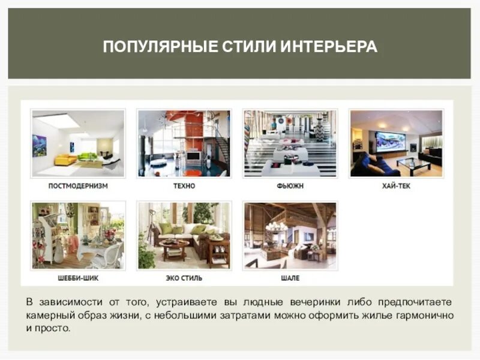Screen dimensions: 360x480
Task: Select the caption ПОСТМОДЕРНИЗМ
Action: point(78,186)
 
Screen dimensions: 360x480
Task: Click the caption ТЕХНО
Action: point(184,186)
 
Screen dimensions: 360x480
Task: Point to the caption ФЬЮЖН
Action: point(290,186)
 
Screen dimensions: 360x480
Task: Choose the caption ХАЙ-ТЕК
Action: point(396,186)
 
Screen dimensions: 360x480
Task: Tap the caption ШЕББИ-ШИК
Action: point(78,278)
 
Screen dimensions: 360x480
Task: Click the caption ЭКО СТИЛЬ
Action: point(184,278)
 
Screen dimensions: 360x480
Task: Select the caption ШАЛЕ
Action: point(290,278)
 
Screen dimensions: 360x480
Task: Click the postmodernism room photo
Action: point(78,143)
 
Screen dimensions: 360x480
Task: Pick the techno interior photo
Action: point(184,143)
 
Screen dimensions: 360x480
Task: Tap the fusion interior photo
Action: point(290,143)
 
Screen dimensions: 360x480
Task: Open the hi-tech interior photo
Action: point(396,143)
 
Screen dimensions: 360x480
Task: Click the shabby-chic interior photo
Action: point(78,235)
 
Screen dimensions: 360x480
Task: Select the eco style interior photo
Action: point(184,235)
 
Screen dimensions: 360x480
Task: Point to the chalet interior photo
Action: point(290,235)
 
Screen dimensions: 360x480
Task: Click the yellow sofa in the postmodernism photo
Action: point(65,160)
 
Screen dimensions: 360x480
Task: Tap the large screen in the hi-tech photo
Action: point(391,142)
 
